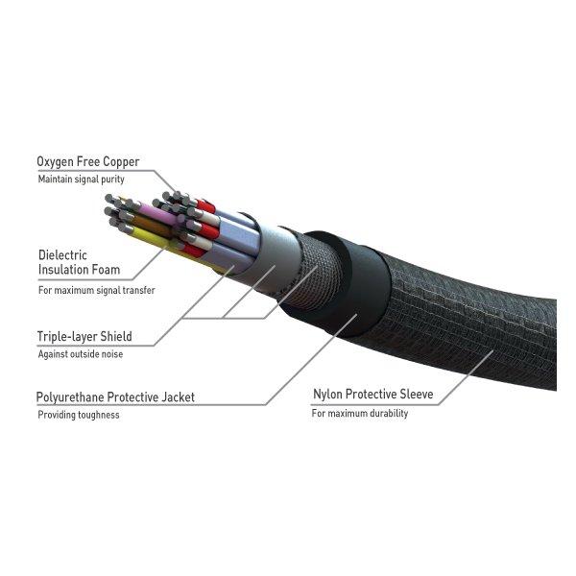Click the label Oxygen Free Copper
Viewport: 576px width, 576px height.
[88, 162]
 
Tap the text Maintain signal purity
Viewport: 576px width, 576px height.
[82, 180]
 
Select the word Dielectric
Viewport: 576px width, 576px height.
[62, 255]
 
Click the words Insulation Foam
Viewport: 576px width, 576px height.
[79, 269]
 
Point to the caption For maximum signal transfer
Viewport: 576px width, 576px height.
[97, 290]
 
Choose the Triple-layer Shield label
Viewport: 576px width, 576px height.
[84, 337]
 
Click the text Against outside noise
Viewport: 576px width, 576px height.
[81, 354]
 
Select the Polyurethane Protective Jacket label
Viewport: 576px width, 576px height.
[115, 397]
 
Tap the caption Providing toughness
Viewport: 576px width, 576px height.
[79, 415]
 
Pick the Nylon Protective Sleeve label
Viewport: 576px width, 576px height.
[373, 395]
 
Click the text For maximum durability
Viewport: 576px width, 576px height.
[360, 413]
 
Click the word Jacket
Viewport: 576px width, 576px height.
[179, 397]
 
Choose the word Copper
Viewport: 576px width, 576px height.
[121, 162]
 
